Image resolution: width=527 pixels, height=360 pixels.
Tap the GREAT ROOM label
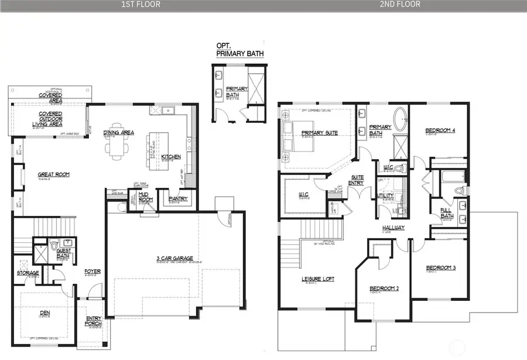click(54, 174)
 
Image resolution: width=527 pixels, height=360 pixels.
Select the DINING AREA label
click(119, 132)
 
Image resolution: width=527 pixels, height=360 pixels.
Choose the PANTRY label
click(177, 198)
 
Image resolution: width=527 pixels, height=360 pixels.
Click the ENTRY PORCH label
click(94, 320)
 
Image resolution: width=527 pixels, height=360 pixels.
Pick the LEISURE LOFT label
click(318, 279)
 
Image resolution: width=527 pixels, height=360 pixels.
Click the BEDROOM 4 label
click(440, 130)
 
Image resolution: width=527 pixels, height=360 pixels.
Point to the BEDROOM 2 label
click(384, 288)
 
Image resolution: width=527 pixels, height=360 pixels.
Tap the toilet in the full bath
click(459, 190)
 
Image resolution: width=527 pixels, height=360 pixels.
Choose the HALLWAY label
click(393, 227)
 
